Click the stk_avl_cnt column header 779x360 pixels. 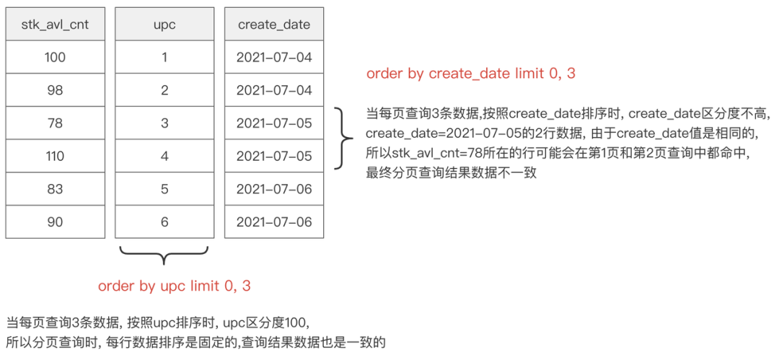55,25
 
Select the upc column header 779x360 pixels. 164,25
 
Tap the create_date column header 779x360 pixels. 274,25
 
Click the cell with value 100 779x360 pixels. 55,57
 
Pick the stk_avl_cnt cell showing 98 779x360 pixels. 55,90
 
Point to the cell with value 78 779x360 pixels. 55,123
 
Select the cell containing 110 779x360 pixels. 55,156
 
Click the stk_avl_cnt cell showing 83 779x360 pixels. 55,189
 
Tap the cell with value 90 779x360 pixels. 55,221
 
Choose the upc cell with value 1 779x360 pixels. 164,57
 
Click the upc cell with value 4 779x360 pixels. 164,156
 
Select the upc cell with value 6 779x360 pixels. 164,221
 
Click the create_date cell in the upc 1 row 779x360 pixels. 274,57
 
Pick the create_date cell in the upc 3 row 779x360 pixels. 274,123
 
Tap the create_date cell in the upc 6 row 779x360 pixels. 274,221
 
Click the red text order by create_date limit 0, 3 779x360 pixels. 470,74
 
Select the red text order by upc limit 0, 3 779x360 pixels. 175,286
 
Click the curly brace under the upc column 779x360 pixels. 164,255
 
